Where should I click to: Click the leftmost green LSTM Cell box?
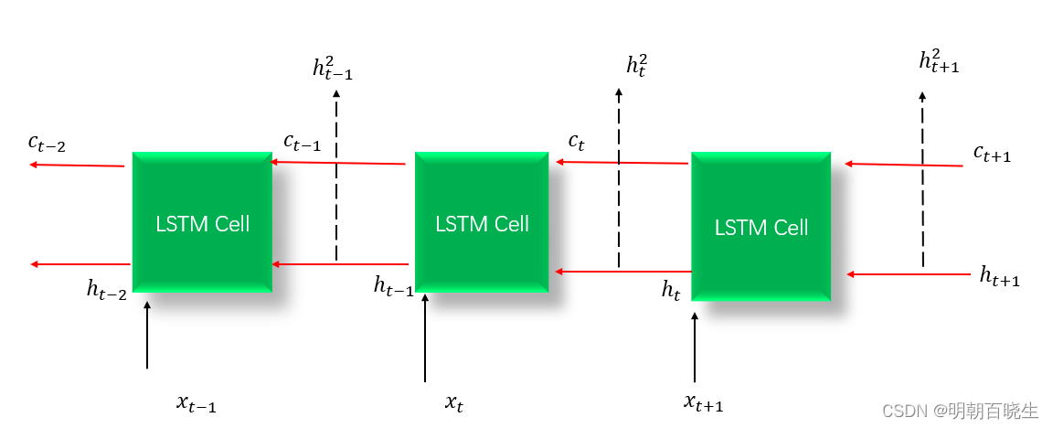coord(202,221)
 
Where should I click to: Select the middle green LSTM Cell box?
coord(482,221)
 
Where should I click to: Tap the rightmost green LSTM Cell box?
coord(760,226)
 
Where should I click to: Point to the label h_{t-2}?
coord(106,289)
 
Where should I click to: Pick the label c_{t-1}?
coord(302,142)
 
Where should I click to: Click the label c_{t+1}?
coord(992,155)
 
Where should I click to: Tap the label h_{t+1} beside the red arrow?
coord(999,275)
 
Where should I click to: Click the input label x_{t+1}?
coord(703,401)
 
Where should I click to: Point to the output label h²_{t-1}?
coord(332,68)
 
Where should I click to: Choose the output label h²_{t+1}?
coord(939,62)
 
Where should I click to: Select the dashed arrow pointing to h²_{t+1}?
coord(922,183)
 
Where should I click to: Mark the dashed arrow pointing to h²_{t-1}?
coord(336,174)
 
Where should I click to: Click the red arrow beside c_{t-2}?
coord(77,165)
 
